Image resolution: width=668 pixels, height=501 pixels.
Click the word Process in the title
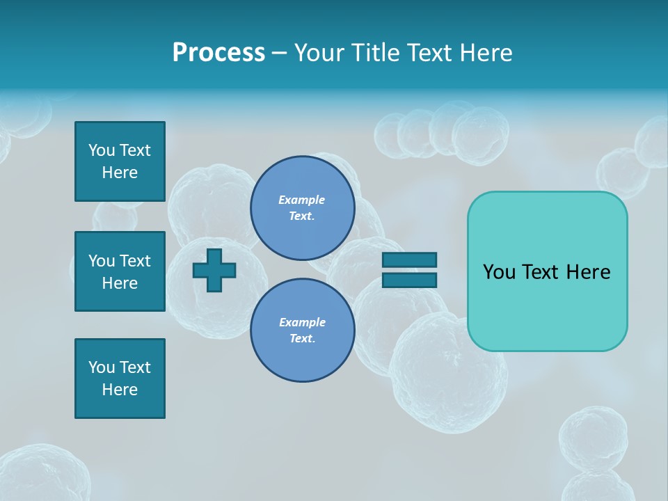pos(218,53)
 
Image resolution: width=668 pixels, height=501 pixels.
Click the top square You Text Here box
pos(120,161)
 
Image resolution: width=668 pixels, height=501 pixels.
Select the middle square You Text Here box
pos(120,271)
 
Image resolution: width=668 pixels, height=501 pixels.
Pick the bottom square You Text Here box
pos(120,379)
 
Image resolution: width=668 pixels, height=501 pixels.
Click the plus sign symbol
pos(214,270)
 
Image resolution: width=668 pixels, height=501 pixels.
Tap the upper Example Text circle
pos(302,208)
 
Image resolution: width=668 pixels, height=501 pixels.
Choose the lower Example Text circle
pos(302,331)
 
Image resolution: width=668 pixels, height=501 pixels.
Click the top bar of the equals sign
pos(410,260)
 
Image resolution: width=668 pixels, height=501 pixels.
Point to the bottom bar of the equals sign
pos(410,280)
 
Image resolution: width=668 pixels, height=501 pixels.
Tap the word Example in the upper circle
pos(302,200)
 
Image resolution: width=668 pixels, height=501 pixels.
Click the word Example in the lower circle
pos(302,322)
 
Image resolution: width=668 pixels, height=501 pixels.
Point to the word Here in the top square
pos(120,173)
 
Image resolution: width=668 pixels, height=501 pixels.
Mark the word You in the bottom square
pos(102,367)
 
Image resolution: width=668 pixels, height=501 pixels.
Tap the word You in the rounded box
pos(500,272)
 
